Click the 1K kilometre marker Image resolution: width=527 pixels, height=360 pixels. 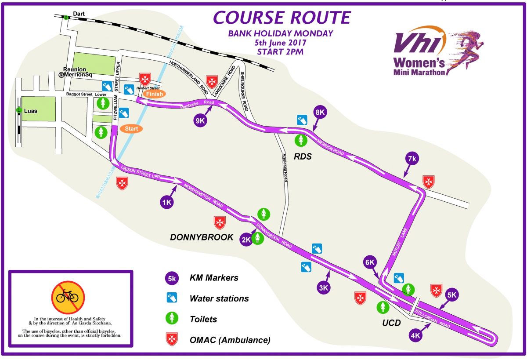click(x=166, y=202)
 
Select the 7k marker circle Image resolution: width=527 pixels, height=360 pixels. click(x=411, y=159)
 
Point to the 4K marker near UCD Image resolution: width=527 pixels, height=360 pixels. click(x=415, y=336)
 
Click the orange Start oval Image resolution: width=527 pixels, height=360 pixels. click(x=131, y=129)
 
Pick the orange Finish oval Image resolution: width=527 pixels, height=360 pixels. click(x=154, y=93)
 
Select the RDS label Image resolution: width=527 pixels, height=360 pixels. click(x=303, y=156)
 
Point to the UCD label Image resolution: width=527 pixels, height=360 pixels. click(x=391, y=324)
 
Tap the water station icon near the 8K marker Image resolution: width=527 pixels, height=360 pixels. click(x=302, y=120)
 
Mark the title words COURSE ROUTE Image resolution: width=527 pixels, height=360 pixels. click(x=282, y=18)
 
